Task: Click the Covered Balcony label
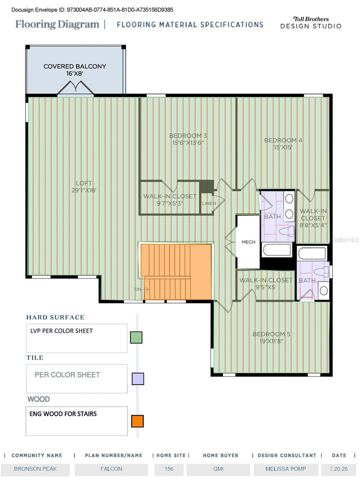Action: (75, 70)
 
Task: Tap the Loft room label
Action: (84, 186)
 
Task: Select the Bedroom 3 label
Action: (188, 139)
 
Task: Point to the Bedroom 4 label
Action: (283, 144)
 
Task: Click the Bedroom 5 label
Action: (272, 338)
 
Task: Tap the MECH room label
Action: (248, 242)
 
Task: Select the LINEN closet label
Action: (209, 203)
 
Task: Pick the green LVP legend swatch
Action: (136, 338)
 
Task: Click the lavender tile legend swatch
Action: (138, 379)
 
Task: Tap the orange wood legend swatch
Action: (138, 421)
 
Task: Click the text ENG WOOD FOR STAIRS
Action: (63, 414)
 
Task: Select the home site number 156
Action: (169, 469)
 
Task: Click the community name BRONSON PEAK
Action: (35, 469)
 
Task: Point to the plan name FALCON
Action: (111, 469)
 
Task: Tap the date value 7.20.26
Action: (338, 469)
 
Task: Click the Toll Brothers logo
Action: (311, 22)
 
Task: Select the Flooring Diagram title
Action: (57, 24)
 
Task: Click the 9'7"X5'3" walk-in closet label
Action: (170, 203)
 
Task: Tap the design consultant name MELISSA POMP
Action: (286, 469)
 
